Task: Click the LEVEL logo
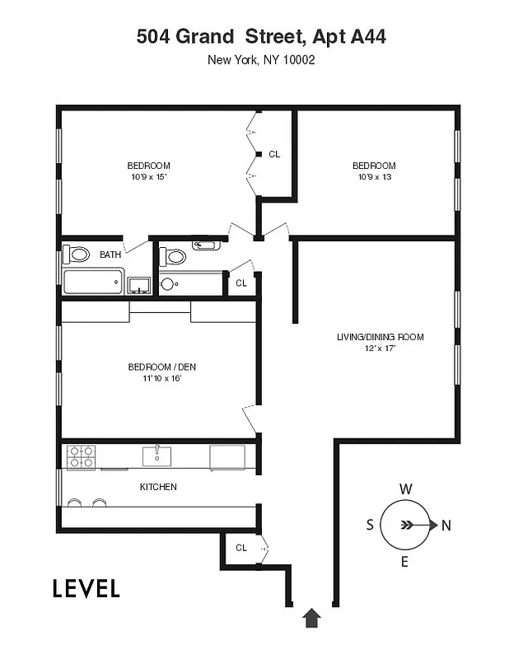[86, 588]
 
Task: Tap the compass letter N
[446, 526]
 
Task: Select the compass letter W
[405, 488]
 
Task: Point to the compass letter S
[370, 526]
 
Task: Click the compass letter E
[404, 562]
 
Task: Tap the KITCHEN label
[158, 487]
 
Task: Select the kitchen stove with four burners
[80, 456]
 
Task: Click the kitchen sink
[157, 456]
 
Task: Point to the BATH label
[110, 255]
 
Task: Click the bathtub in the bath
[93, 282]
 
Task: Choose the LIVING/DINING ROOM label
[380, 337]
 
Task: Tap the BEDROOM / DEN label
[161, 367]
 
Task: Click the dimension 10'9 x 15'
[149, 176]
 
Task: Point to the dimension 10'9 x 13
[374, 176]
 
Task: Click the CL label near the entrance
[241, 547]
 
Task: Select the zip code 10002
[299, 59]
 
